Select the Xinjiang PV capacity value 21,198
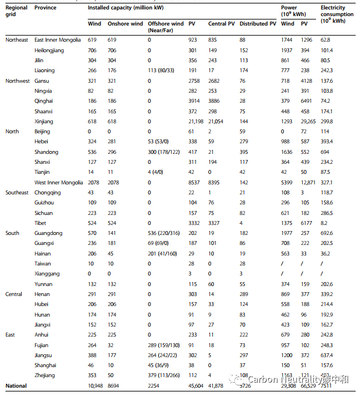point(197,121)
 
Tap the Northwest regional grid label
point(17,81)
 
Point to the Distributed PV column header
point(257,24)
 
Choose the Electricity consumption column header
point(337,14)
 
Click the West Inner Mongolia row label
point(59,182)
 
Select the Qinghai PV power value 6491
point(308,101)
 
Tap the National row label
point(16,385)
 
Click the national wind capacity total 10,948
point(97,385)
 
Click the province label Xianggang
point(47,274)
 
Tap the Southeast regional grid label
point(17,193)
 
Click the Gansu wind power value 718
point(286,81)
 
